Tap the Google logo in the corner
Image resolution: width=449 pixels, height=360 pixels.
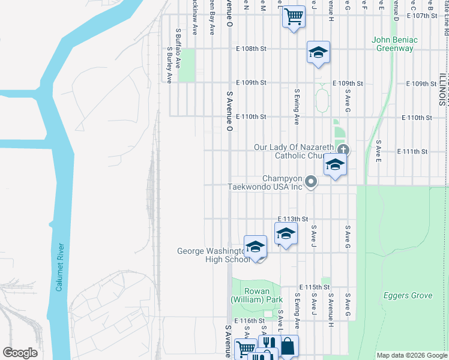pyautogui.click(x=20, y=353)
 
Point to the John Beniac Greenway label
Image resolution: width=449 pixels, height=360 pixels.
pyautogui.click(x=394, y=44)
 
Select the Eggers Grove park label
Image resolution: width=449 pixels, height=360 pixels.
pyautogui.click(x=408, y=295)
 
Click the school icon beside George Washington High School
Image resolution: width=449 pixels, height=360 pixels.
pyautogui.click(x=255, y=246)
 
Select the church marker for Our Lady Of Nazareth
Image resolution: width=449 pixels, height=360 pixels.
pyautogui.click(x=343, y=149)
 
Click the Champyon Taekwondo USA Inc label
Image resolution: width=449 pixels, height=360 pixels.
pyautogui.click(x=265, y=182)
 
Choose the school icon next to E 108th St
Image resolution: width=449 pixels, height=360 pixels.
pyautogui.click(x=318, y=52)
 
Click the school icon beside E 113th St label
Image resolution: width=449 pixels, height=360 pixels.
pyautogui.click(x=286, y=233)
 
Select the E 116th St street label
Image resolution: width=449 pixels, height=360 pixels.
pyautogui.click(x=249, y=321)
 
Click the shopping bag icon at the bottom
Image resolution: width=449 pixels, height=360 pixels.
pyautogui.click(x=288, y=346)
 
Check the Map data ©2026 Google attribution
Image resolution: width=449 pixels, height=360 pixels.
pyautogui.click(x=411, y=355)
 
